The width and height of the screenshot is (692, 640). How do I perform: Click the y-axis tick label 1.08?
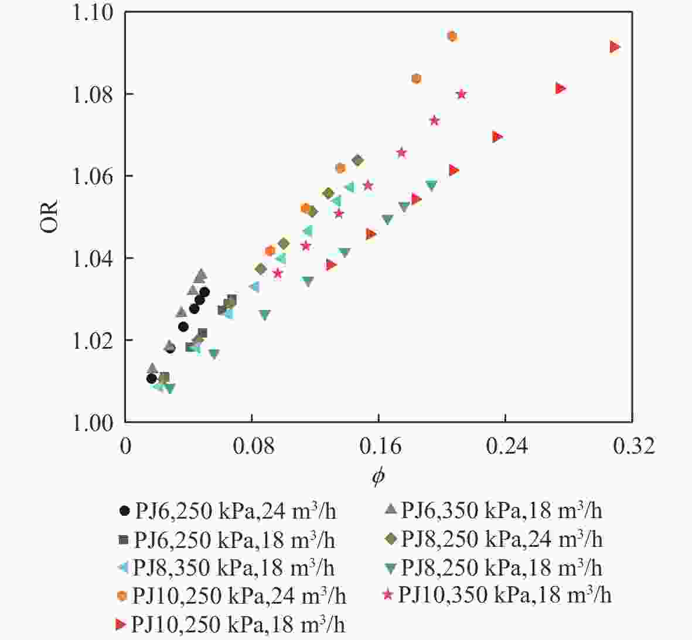point(94,94)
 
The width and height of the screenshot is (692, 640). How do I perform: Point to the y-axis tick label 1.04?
point(94,258)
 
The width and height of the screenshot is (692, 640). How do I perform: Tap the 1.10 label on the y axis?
point(94,13)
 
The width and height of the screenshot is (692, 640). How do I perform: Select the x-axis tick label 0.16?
point(378,447)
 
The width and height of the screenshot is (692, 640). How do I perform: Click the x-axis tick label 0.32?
point(632,447)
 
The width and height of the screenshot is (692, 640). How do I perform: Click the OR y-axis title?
point(50,217)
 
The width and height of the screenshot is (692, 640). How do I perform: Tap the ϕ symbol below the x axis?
point(378,476)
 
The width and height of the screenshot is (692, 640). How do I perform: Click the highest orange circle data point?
point(452,36)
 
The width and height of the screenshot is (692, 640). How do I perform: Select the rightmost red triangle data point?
point(615,47)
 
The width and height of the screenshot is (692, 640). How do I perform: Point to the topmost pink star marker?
point(461,94)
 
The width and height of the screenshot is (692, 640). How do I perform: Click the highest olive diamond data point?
point(357,161)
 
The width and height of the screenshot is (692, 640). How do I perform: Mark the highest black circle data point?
point(204,292)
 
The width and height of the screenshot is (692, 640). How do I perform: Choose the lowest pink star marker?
point(278,273)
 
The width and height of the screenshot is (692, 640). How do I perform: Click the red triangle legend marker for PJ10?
point(121,624)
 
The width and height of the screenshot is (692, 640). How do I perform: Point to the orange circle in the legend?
point(122,596)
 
